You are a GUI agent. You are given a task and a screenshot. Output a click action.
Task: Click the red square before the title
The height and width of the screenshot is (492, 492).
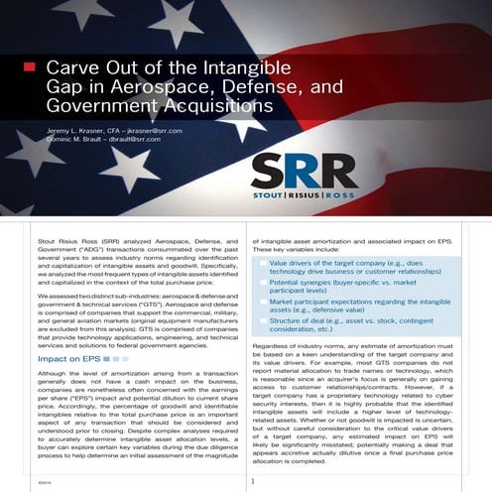tap(29, 67)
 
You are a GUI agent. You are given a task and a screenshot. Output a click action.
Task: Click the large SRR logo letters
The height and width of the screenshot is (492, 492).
tap(348, 171)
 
